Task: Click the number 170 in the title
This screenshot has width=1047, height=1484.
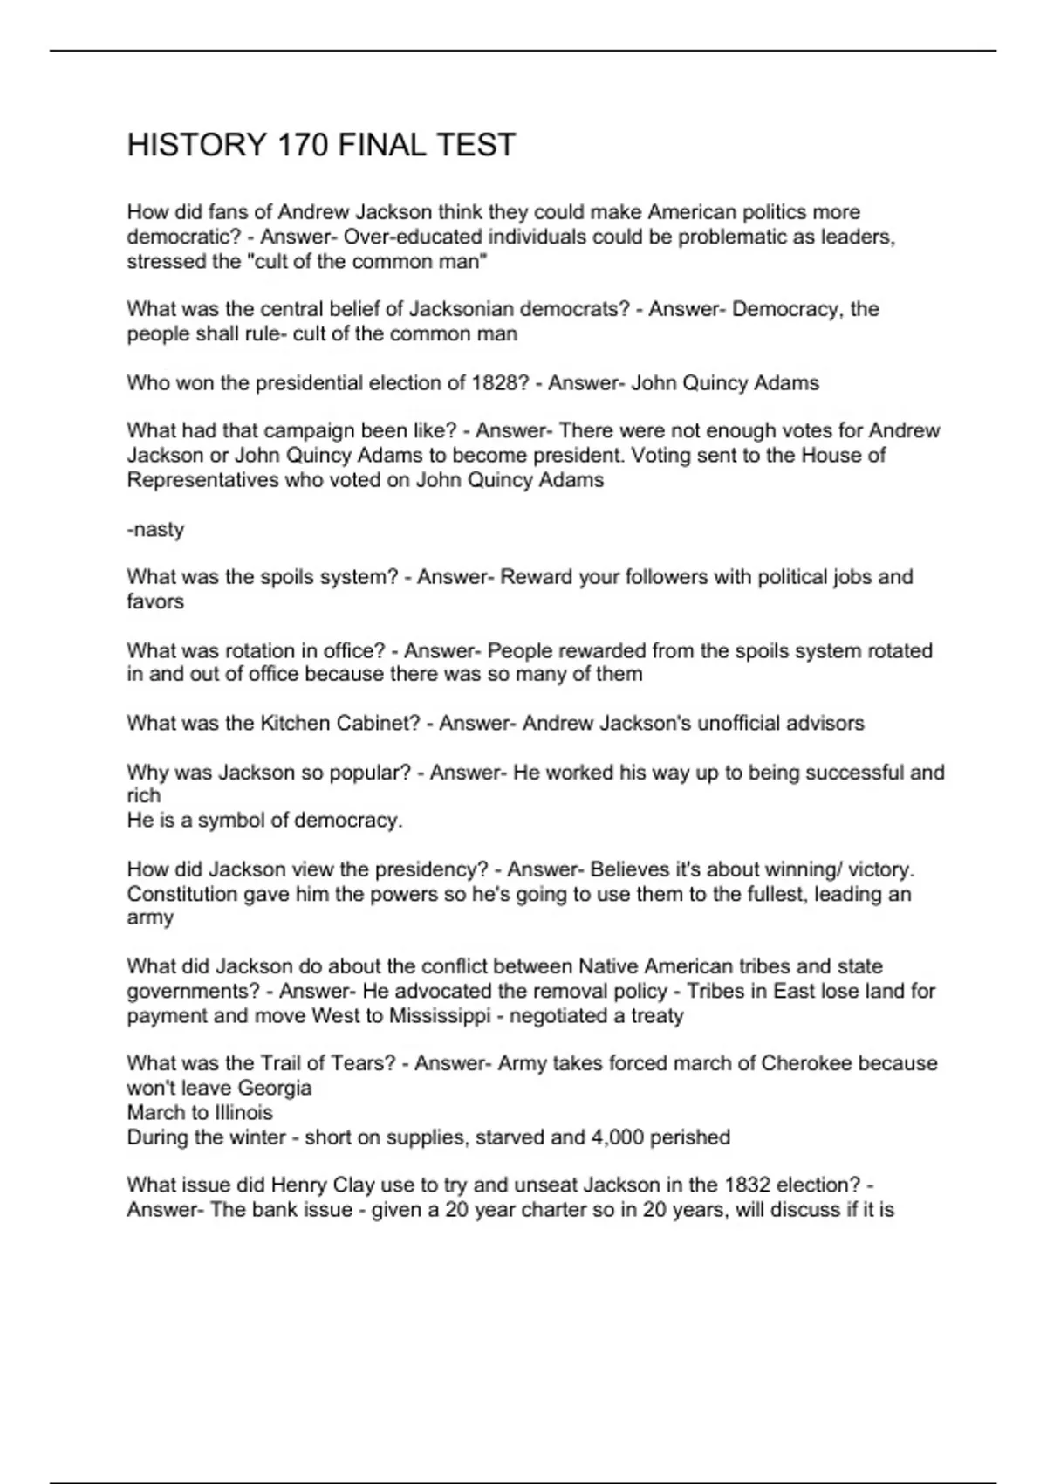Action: (x=302, y=145)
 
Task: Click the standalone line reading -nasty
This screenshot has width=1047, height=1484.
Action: (x=155, y=530)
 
